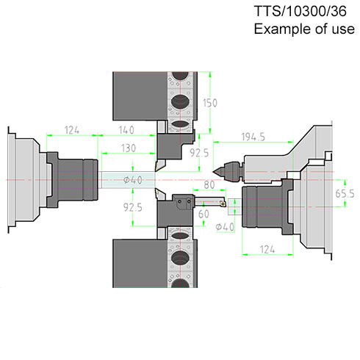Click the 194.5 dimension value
[253, 137]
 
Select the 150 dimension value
[210, 103]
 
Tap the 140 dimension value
[126, 130]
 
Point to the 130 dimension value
[129, 148]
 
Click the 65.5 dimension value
[345, 194]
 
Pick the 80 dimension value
[209, 185]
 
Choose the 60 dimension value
[204, 214]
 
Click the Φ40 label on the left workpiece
[133, 181]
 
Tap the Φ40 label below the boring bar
[225, 227]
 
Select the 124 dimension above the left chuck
[72, 130]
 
